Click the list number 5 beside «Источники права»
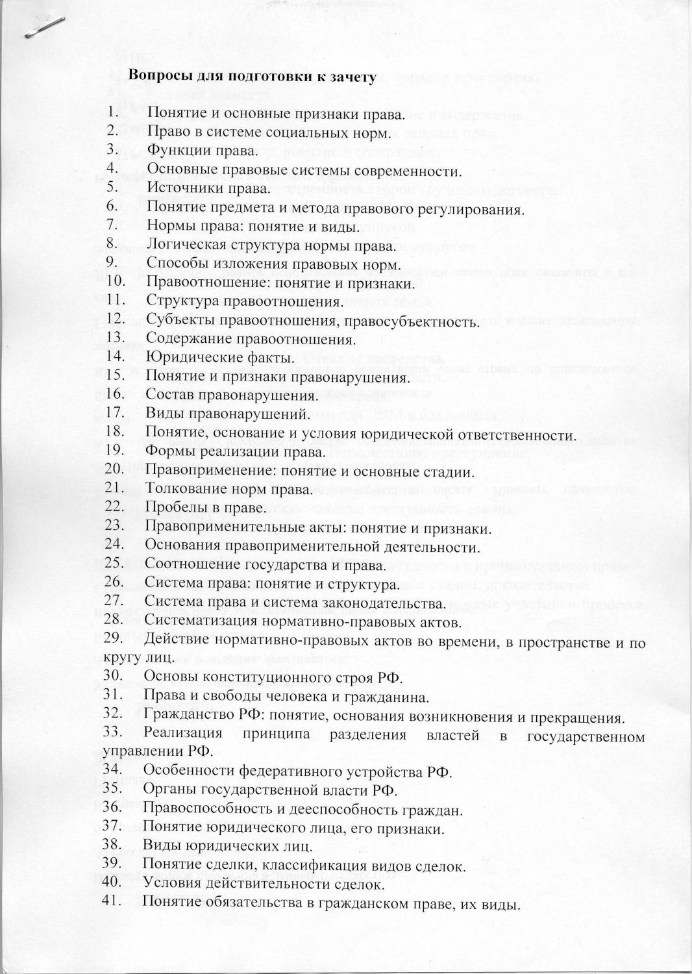pyautogui.click(x=112, y=188)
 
